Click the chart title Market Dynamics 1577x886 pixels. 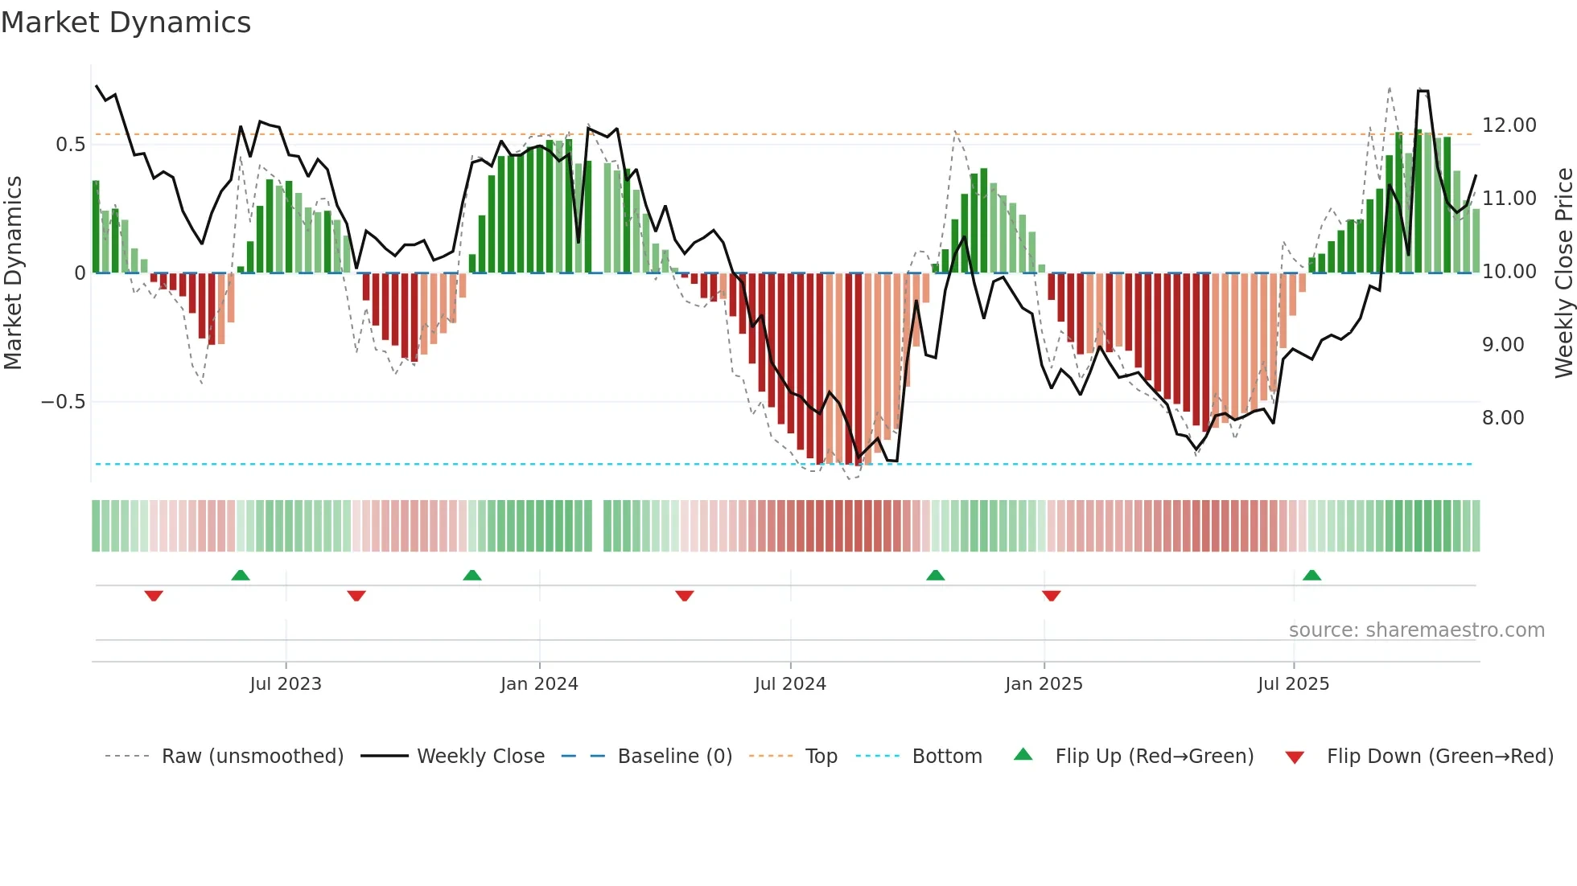pyautogui.click(x=126, y=23)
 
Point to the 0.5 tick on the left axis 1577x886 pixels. pyautogui.click(x=70, y=145)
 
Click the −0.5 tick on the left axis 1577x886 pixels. pyautogui.click(x=63, y=402)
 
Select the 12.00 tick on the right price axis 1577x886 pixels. pyautogui.click(x=1509, y=125)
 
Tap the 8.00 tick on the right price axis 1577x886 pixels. pyautogui.click(x=1502, y=418)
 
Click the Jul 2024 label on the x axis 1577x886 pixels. pyautogui.click(x=789, y=684)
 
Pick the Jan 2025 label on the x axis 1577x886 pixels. pyautogui.click(x=1043, y=684)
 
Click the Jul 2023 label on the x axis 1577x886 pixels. pyautogui.click(x=285, y=684)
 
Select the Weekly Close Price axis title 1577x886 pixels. pyautogui.click(x=1563, y=273)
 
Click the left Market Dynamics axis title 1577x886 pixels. pyautogui.click(x=13, y=273)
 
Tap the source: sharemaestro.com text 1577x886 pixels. pyautogui.click(x=1416, y=630)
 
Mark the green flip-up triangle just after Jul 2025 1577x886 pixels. pyautogui.click(x=1311, y=576)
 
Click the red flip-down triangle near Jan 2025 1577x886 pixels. pyautogui.click(x=1051, y=596)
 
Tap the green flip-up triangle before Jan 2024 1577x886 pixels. pyautogui.click(x=472, y=576)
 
